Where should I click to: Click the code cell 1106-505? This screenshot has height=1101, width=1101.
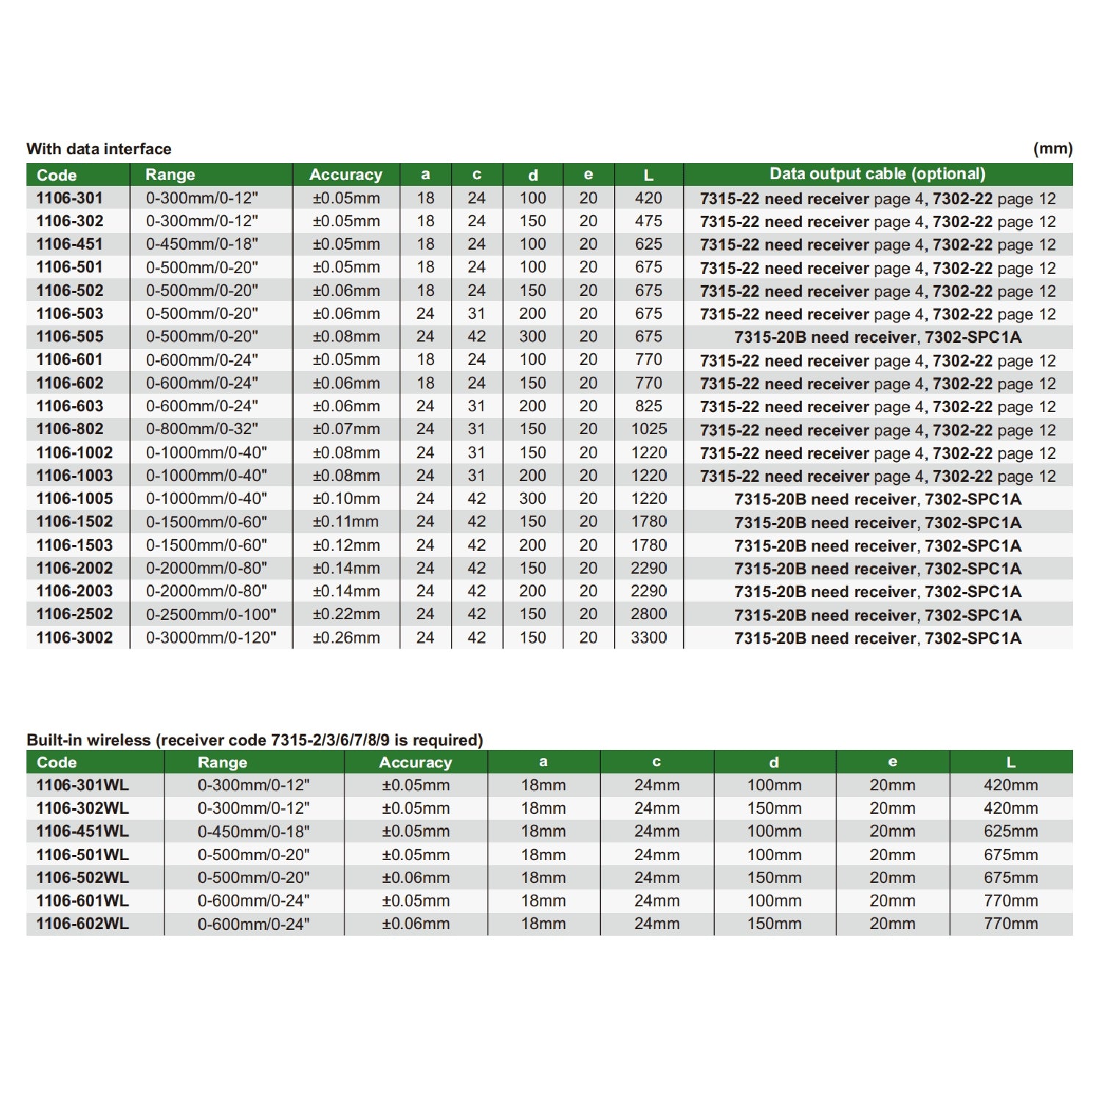tap(70, 336)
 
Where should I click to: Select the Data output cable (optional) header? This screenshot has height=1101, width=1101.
tap(877, 174)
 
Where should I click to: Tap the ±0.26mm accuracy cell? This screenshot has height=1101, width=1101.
tap(346, 638)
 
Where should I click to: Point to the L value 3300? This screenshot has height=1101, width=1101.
tap(649, 638)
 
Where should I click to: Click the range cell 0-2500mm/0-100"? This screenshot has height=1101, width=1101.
tap(211, 614)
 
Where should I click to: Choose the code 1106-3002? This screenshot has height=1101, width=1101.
tap(74, 638)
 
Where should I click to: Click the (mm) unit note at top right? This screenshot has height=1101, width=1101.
tap(1053, 148)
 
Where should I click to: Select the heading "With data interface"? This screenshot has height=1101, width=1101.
tap(98, 148)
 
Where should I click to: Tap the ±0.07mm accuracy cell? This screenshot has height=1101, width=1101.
tap(346, 429)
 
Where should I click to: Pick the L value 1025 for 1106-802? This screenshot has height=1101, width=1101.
tap(649, 429)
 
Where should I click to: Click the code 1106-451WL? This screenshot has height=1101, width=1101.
tap(82, 831)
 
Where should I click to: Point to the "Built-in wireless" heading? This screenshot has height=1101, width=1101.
tap(254, 740)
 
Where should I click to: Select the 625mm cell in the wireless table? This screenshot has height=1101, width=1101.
tap(1011, 831)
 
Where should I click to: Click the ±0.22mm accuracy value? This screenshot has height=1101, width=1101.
tap(346, 614)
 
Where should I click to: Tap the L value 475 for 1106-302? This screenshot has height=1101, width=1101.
tap(649, 221)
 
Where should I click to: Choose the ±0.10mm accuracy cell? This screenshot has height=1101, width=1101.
tap(346, 499)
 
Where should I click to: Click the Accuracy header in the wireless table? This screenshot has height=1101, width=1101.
tap(415, 762)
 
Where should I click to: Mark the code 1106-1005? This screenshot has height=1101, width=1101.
tap(74, 499)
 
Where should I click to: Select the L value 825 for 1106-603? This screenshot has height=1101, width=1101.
tap(649, 406)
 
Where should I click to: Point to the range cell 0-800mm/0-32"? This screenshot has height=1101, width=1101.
tap(202, 429)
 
